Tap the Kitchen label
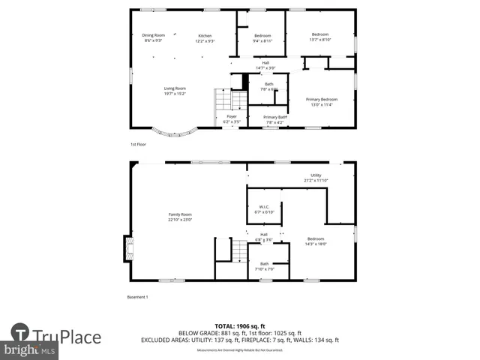coord(205,38)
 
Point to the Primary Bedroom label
coord(321,101)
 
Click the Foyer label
coord(232,118)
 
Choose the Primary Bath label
coord(275,118)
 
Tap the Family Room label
coord(180,217)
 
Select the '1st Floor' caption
coord(137,144)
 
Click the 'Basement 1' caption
coord(137,297)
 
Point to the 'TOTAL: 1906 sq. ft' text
coord(240,326)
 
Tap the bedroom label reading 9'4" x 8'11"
coord(262,38)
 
